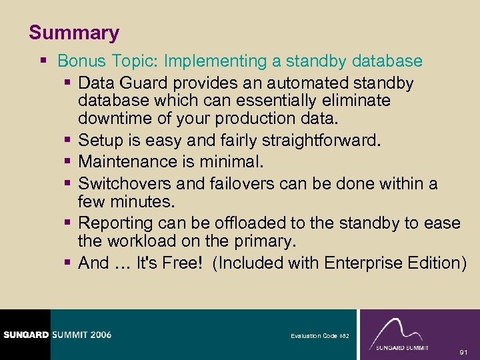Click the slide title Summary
[x=74, y=33]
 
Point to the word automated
[x=297, y=83]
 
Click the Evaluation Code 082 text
[x=319, y=336]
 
